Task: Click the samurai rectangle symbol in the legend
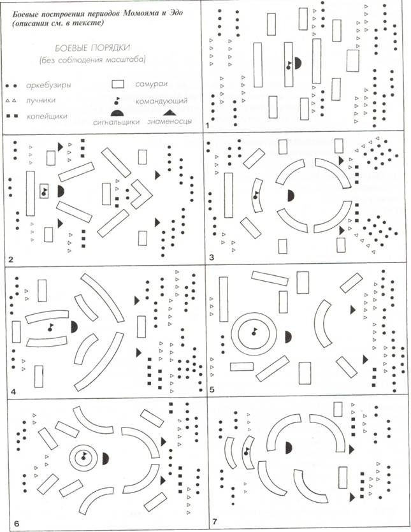click(119, 83)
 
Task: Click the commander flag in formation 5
click(253, 332)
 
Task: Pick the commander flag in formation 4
click(50, 327)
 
